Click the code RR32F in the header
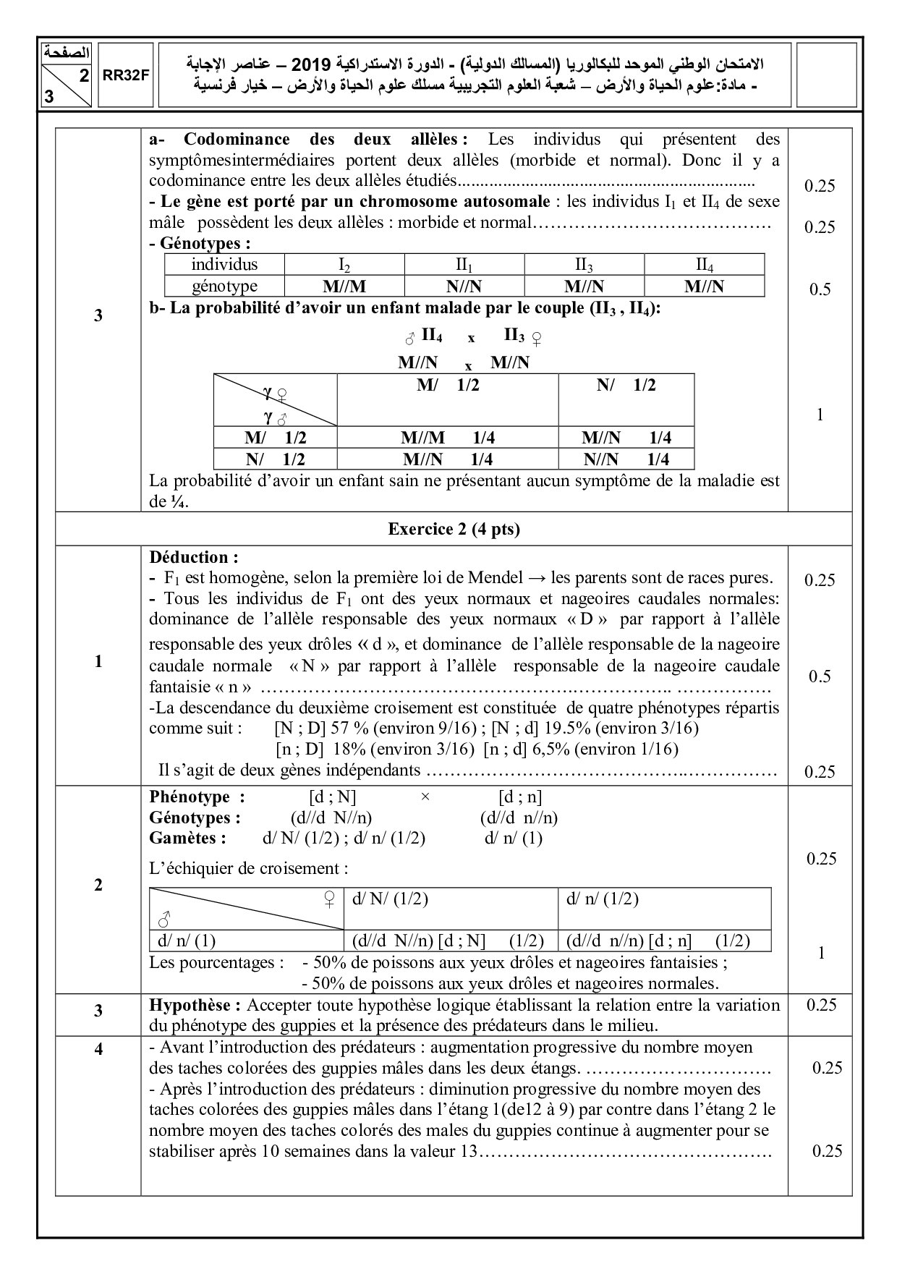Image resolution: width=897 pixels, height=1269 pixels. (124, 78)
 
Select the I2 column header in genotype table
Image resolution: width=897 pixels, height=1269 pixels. (344, 264)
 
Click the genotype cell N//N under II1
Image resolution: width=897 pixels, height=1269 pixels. (464, 286)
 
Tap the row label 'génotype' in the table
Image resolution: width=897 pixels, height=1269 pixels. (224, 286)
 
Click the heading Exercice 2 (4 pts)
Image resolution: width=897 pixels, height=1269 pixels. (454, 529)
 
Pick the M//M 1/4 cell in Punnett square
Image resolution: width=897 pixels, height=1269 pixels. (447, 438)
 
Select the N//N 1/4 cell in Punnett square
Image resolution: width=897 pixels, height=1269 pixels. (626, 459)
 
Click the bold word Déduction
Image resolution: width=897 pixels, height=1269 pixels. (193, 557)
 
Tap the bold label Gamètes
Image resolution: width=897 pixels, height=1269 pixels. (187, 838)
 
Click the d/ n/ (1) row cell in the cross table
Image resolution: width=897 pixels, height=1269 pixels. (187, 941)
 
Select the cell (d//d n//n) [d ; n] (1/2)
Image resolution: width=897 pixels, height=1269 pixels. (658, 941)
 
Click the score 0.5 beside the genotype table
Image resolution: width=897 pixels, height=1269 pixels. (820, 289)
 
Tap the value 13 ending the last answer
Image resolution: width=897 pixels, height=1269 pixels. (469, 1151)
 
